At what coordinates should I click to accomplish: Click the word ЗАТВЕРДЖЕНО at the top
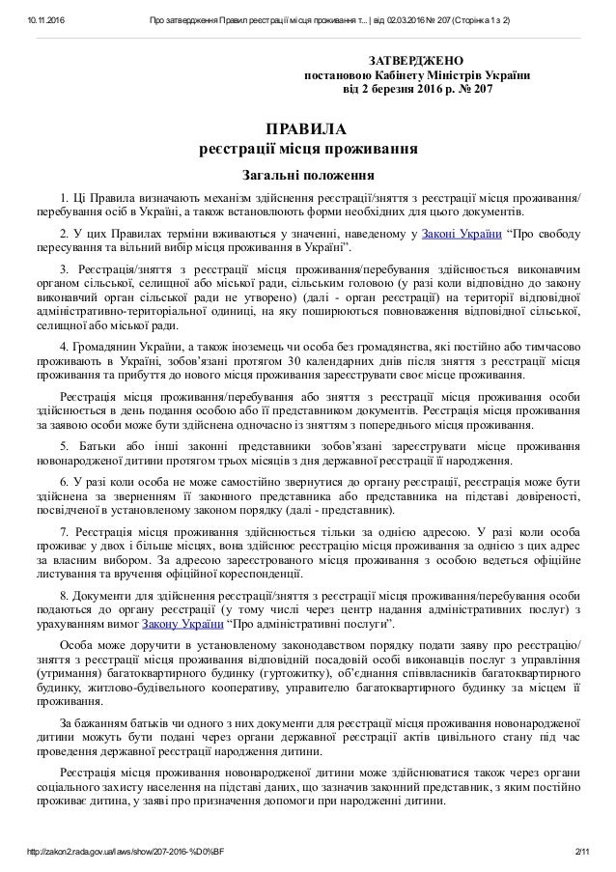coord(422,60)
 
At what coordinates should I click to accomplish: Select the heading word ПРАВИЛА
coord(307,129)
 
